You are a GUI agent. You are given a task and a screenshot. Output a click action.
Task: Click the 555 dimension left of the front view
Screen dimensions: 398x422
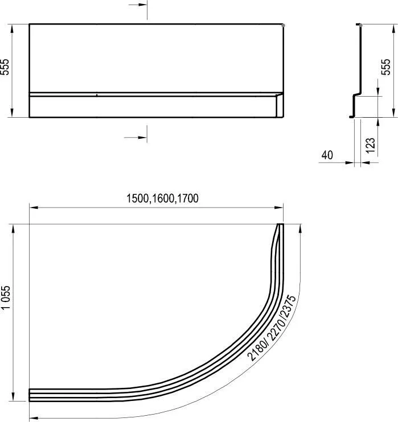pos(5,67)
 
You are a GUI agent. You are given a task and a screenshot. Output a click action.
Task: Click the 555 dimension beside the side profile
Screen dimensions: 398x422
pos(385,67)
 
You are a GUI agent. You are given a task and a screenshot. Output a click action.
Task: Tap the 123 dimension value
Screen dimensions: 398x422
pos(371,146)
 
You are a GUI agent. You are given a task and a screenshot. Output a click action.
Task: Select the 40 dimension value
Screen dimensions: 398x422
pos(327,155)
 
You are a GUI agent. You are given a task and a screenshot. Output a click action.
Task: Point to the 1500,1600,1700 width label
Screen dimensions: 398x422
pos(162,198)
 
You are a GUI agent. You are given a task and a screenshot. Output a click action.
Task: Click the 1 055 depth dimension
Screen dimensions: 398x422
pos(6,297)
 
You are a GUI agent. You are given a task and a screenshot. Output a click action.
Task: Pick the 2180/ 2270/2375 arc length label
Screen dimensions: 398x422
pos(272,328)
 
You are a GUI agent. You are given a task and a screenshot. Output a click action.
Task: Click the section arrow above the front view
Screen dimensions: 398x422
pos(138,5)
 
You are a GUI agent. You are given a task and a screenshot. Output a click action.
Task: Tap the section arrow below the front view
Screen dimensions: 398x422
pos(136,138)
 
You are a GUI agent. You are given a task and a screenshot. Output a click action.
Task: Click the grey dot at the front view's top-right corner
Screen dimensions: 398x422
pos(283,25)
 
